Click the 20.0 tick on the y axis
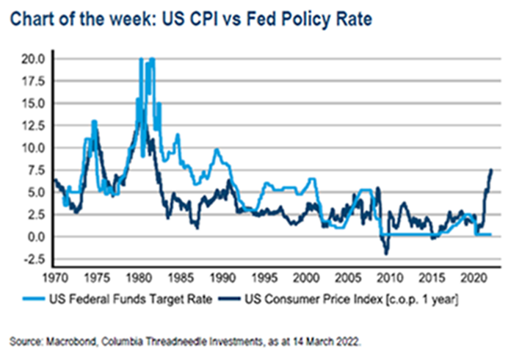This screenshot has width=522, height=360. click(34, 58)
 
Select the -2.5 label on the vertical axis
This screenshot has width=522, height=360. click(34, 259)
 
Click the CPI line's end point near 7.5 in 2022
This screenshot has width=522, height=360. click(490, 170)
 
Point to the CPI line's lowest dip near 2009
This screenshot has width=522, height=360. click(386, 253)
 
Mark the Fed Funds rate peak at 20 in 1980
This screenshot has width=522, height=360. click(140, 59)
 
